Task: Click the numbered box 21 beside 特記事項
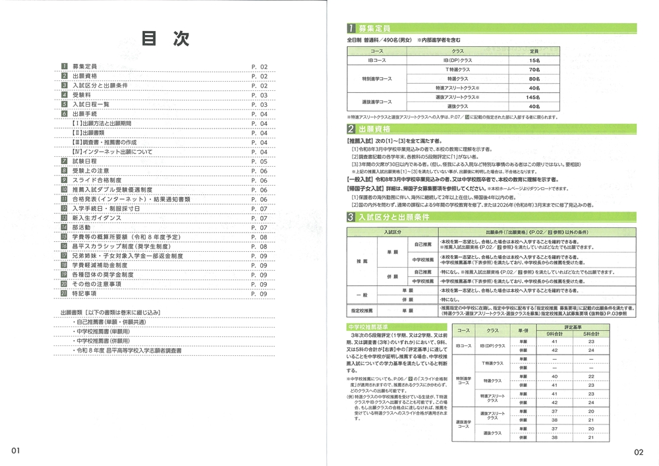tap(65, 293)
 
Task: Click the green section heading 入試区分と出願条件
tap(392, 216)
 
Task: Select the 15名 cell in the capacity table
tap(534, 60)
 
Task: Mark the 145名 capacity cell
tap(534, 97)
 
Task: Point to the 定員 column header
tap(534, 51)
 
